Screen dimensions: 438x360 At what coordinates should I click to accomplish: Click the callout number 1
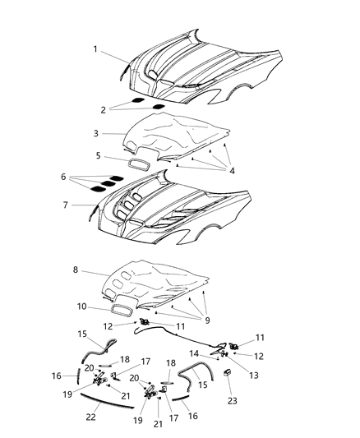(x=95, y=49)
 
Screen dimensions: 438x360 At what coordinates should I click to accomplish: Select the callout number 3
(x=95, y=132)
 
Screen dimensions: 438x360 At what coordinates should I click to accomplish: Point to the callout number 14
(x=195, y=353)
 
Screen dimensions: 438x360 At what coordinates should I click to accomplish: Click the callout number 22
(x=90, y=417)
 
